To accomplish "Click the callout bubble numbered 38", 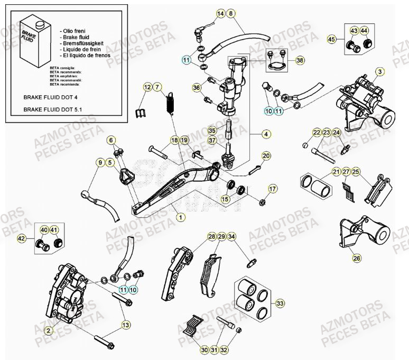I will (x=300, y=60).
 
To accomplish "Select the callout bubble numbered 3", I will (x=380, y=71).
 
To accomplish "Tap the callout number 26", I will (x=357, y=259).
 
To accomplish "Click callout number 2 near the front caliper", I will (x=48, y=330).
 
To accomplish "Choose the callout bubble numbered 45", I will (x=331, y=39).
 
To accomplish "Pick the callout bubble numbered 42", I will (x=22, y=238).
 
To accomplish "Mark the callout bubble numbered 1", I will (x=181, y=217).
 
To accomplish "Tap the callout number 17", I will (x=273, y=189).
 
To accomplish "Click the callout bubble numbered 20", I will (x=266, y=155).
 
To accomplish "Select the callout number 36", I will (x=197, y=87).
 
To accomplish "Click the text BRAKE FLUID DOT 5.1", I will (x=52, y=110).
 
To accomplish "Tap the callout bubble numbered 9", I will (x=99, y=163).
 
